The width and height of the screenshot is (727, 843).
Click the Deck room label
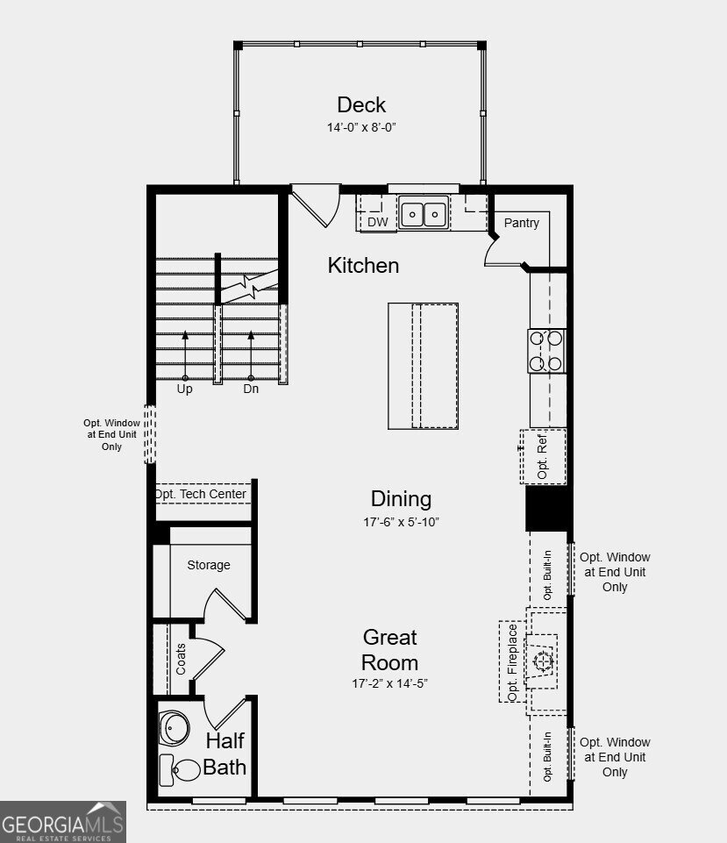361,104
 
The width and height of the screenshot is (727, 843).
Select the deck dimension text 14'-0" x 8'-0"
361,127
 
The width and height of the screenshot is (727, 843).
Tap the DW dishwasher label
378,222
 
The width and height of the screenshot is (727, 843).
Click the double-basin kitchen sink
424,213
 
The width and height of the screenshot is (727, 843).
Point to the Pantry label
521,223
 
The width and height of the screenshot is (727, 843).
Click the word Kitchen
363,265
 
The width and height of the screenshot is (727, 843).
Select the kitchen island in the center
423,366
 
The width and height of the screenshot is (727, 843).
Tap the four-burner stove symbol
546,351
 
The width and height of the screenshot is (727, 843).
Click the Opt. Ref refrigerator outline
543,456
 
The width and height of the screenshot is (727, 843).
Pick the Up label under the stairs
185,389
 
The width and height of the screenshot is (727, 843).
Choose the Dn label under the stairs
251,389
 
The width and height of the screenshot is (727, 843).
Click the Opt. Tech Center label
201,495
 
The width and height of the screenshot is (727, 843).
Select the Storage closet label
209,565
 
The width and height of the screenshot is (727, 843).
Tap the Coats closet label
181,660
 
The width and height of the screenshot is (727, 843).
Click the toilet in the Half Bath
181,770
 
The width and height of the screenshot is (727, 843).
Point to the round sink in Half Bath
174,727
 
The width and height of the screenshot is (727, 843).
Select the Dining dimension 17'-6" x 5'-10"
401,522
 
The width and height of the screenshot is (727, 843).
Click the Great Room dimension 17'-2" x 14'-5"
390,683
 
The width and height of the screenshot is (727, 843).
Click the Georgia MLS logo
63,823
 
